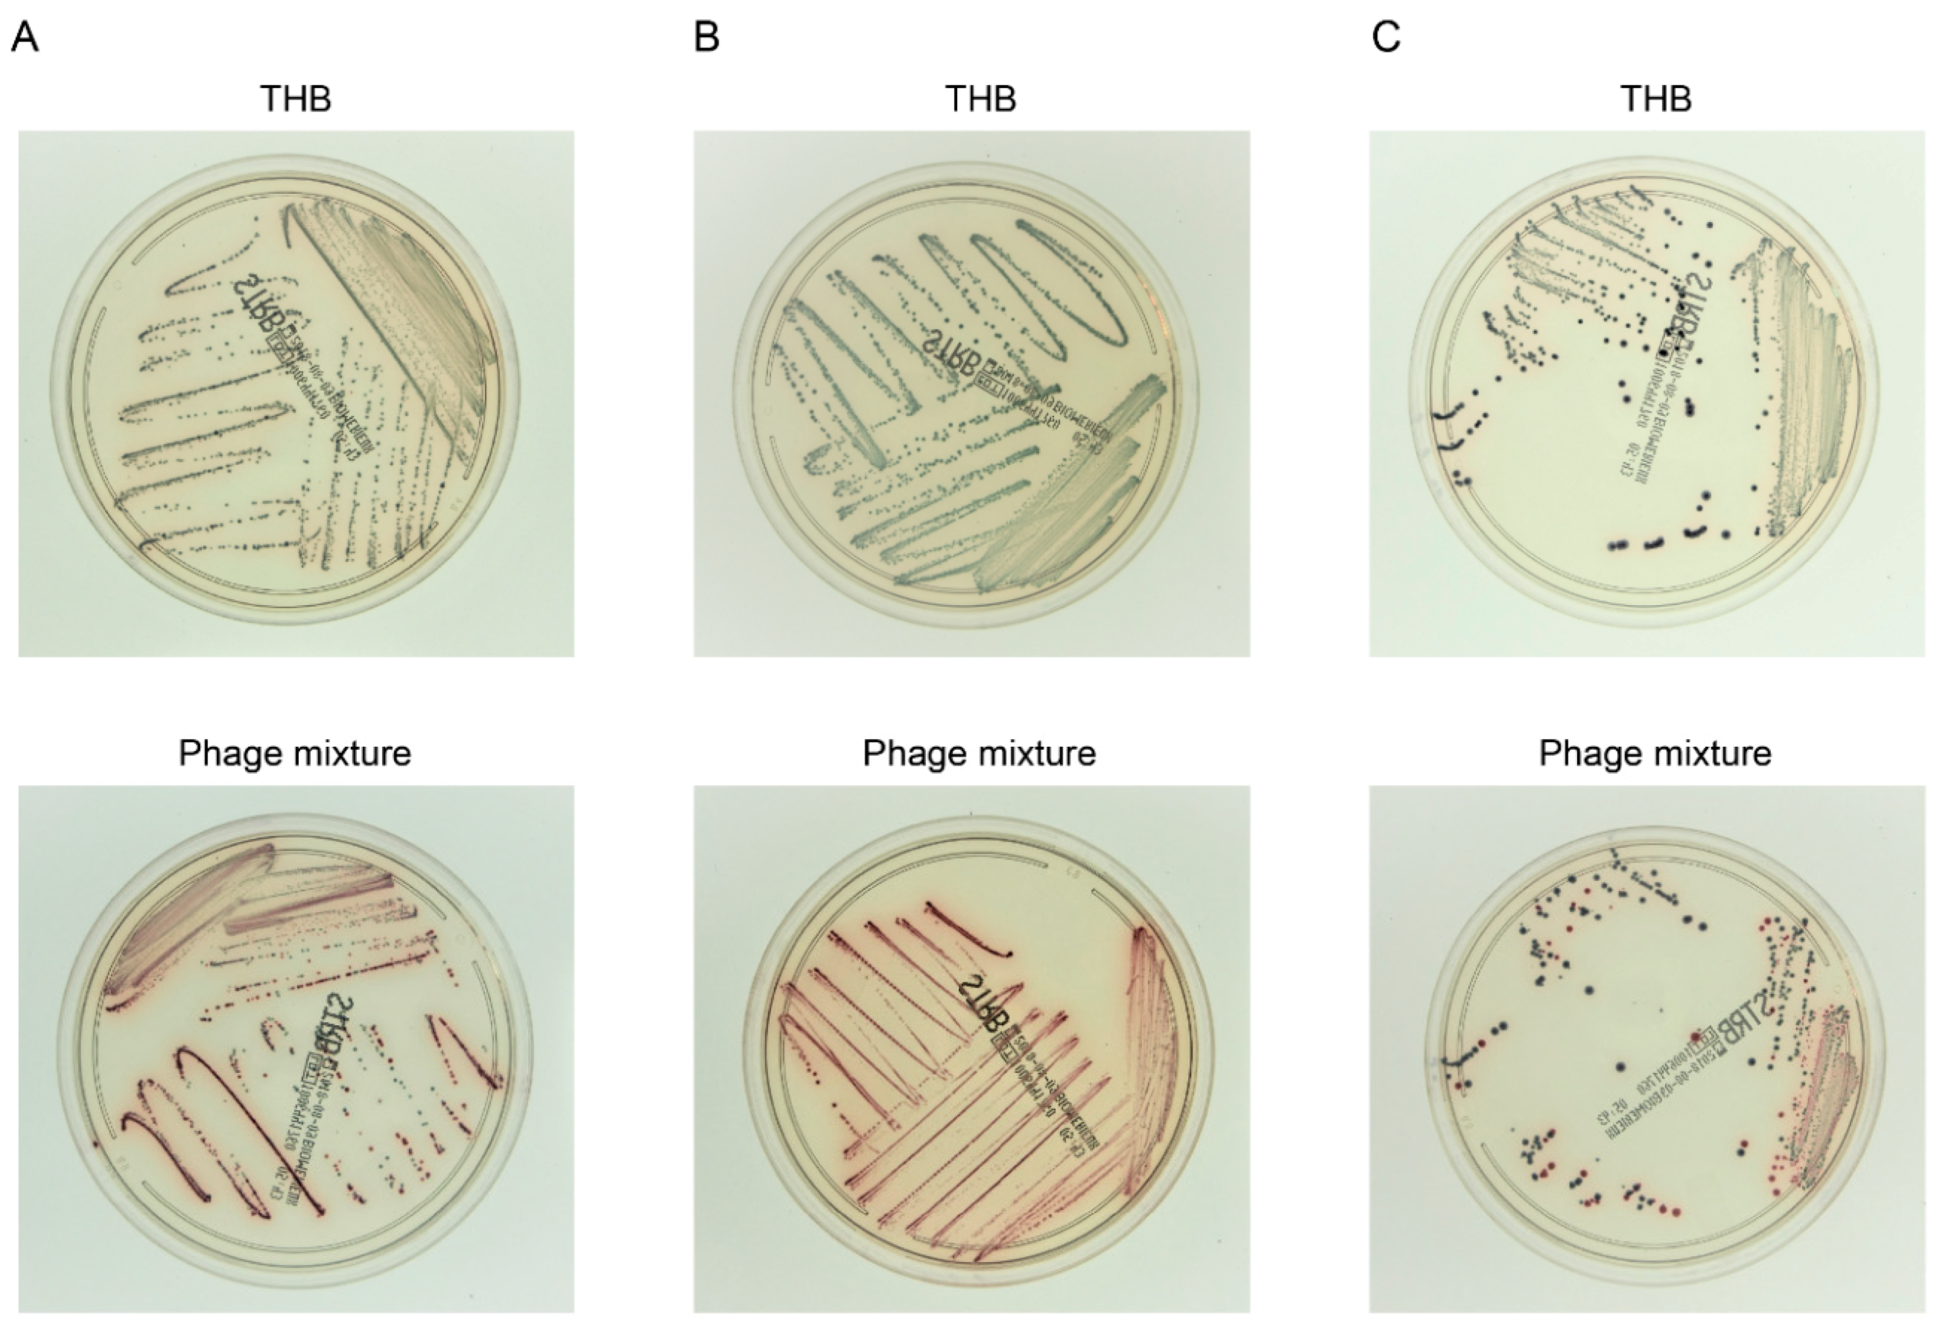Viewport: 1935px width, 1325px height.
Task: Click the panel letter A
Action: (25, 37)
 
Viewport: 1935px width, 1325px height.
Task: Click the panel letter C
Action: (1385, 37)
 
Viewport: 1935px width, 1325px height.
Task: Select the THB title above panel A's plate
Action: (295, 98)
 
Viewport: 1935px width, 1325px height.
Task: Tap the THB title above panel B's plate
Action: (980, 98)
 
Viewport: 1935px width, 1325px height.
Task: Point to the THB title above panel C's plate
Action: (1655, 98)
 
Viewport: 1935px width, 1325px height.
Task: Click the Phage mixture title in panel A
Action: (295, 753)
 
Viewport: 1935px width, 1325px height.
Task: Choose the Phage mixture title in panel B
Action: (979, 753)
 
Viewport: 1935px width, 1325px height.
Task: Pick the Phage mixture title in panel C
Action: (1655, 753)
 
